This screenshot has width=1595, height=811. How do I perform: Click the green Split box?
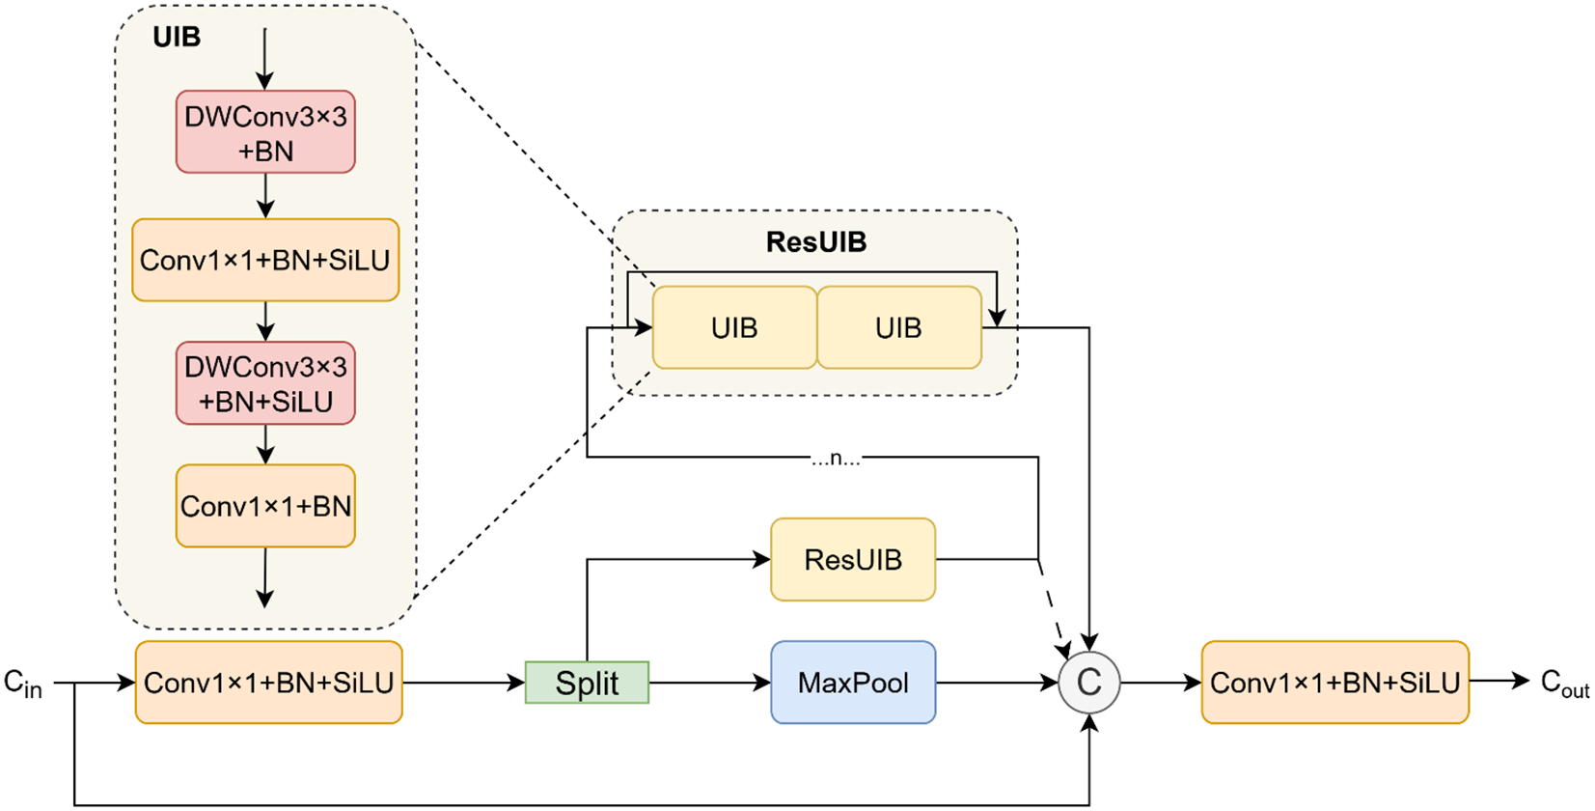coord(587,683)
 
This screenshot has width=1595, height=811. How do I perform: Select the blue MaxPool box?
coord(853,683)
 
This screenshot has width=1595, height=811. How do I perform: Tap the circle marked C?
coord(1088,683)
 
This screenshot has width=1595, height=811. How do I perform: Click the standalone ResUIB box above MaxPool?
coord(853,560)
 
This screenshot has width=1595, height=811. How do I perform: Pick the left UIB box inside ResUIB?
coord(734,328)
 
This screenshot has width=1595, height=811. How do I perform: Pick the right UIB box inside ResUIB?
coord(898,328)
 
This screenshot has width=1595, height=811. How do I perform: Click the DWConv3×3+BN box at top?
coord(265,133)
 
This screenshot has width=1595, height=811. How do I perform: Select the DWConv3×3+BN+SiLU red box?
coord(265,383)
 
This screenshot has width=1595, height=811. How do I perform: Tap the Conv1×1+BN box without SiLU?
coord(265,507)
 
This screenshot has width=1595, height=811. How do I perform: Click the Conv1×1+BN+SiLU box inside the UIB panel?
coord(265,260)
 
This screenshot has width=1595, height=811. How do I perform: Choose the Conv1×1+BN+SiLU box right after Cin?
coord(268,683)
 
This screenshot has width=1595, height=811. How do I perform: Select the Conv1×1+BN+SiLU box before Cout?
coord(1334,683)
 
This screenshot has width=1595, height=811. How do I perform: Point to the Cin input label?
coord(23,684)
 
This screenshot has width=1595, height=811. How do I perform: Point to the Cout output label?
coord(1564,684)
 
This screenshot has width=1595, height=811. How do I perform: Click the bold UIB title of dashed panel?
coord(177,38)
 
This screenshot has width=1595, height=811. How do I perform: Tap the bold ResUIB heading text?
coord(815,242)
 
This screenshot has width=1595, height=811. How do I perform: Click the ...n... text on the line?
coord(836,459)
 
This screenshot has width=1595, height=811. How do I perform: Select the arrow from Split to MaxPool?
coord(709,683)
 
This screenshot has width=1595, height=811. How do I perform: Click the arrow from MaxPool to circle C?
coord(996,683)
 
